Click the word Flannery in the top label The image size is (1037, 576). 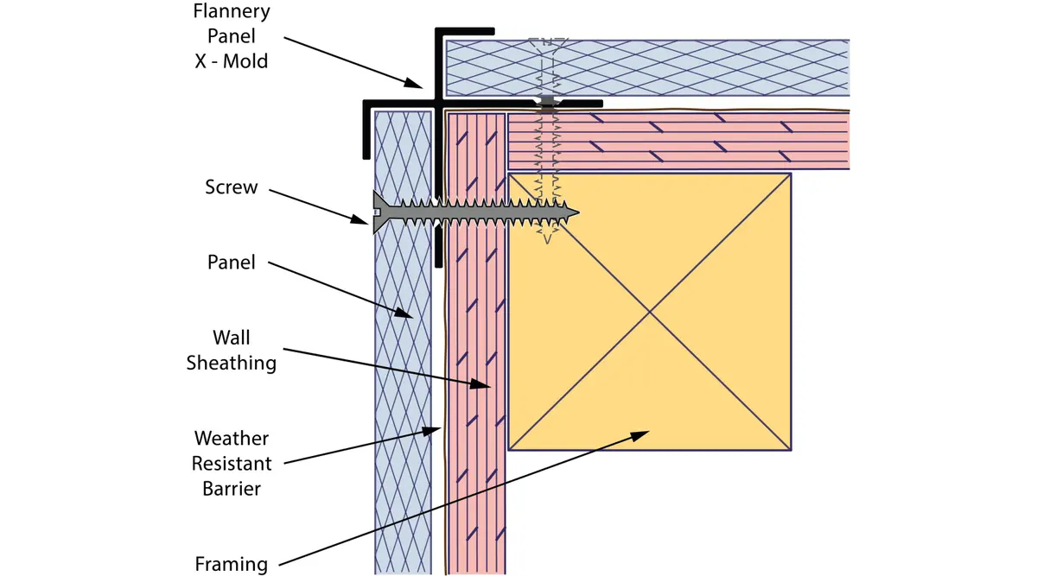pos(232,11)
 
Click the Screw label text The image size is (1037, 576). pos(232,187)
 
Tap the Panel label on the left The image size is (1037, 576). pos(232,263)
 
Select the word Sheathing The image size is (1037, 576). pos(232,364)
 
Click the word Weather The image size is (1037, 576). pos(232,438)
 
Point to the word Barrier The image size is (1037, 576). pos(232,489)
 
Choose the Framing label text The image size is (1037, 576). pos(232,565)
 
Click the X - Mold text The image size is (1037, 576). pos(232,61)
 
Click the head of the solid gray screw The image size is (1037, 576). pos(380,212)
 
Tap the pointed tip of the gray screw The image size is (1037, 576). pos(578,212)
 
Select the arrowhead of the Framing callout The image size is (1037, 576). pos(640,435)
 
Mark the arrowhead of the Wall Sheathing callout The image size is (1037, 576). pos(480,384)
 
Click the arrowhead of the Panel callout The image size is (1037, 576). pos(404,313)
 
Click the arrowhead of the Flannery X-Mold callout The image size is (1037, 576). pos(413,83)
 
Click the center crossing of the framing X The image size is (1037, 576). pos(650,313)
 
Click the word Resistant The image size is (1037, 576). pos(232,464)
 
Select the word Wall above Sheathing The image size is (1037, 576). pos(232,338)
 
